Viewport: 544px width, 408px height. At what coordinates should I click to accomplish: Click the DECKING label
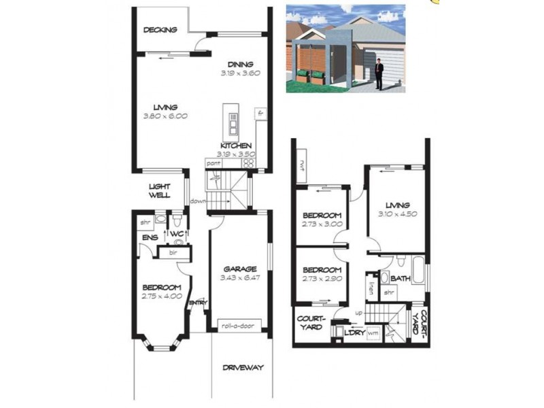click(161, 30)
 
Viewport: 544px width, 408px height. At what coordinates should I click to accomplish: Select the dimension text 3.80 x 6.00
click(165, 116)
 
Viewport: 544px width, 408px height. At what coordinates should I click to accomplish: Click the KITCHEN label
click(236, 146)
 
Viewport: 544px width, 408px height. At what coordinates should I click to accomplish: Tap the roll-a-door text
click(237, 326)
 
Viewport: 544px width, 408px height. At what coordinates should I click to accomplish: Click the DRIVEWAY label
click(243, 368)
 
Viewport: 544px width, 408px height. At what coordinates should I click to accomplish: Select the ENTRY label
click(198, 303)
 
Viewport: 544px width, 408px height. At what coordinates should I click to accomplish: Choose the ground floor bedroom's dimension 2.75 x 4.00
click(162, 296)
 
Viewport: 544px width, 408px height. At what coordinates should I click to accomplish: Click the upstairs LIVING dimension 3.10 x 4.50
click(397, 214)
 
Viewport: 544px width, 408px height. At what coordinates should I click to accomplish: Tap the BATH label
click(400, 278)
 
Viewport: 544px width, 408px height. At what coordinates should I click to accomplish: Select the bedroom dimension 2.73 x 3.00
click(322, 224)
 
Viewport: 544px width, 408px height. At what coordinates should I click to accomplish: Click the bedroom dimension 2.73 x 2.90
click(322, 279)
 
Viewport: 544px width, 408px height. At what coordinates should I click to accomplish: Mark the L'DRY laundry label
click(354, 333)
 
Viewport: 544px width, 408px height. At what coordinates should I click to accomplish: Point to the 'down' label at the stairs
click(198, 201)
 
